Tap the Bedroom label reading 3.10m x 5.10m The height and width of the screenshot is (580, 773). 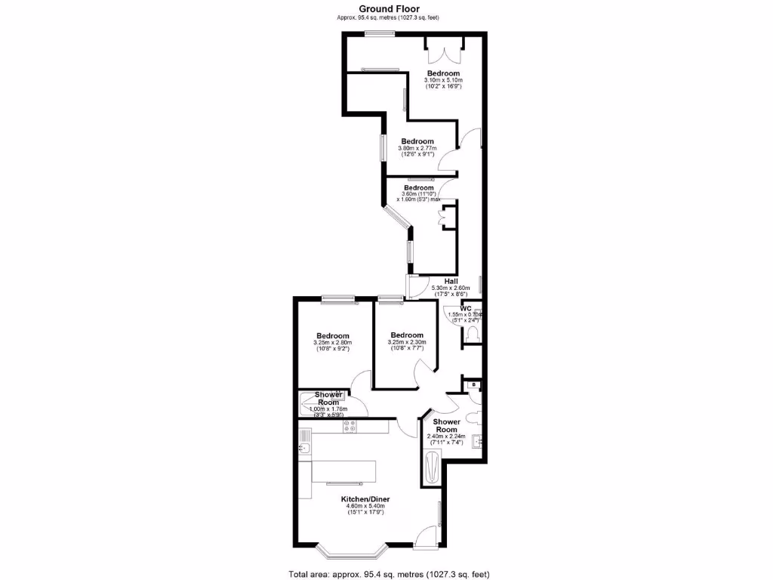[442, 73]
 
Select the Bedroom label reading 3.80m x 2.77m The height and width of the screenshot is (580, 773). [417, 141]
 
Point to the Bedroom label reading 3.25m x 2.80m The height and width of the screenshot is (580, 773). [332, 336]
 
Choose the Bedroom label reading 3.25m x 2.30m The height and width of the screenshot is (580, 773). [407, 335]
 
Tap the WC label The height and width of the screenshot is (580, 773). [466, 309]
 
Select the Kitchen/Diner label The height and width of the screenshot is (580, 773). [365, 499]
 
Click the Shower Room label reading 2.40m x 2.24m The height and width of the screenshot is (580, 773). [446, 426]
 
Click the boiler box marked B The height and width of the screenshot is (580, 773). [473, 385]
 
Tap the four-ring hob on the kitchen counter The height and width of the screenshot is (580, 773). [350, 427]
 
